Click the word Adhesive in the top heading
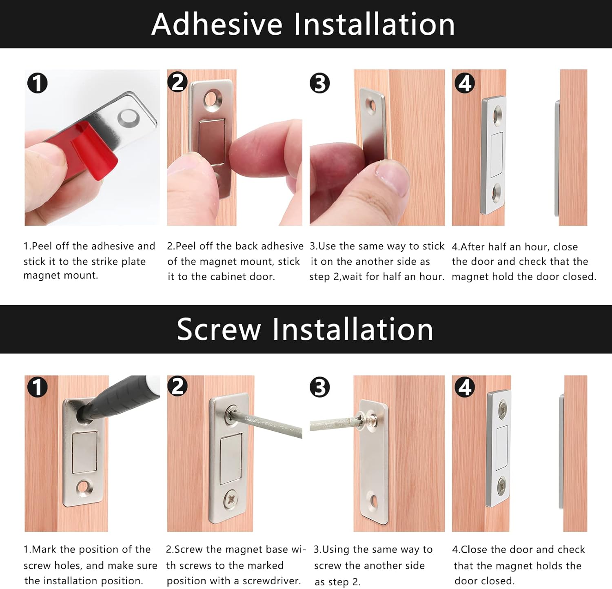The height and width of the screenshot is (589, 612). point(217,24)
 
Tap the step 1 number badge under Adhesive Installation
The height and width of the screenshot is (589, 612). point(37,83)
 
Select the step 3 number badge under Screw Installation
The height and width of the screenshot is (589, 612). point(320,387)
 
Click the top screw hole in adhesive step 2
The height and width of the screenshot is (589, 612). point(213,100)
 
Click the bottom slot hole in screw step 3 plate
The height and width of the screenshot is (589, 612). point(374,501)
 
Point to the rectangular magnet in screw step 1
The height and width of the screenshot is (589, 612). point(85,452)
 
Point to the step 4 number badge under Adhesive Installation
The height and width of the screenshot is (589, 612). point(465,83)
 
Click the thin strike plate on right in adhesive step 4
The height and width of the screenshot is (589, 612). point(557,158)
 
